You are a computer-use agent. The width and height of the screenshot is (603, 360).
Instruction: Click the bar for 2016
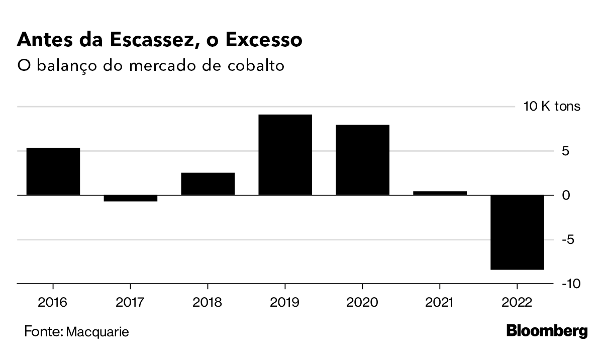53,171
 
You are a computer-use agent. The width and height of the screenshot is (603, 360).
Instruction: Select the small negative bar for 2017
131,198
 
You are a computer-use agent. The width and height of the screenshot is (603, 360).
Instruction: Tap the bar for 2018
208,184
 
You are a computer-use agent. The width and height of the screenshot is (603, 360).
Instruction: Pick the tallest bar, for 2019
285,154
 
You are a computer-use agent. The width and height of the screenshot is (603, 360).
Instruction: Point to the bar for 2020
362,159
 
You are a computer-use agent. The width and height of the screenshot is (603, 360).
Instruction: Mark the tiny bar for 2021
440,193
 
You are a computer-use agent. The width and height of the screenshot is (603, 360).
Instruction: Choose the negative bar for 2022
517,232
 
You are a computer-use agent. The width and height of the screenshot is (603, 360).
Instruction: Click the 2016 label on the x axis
53,303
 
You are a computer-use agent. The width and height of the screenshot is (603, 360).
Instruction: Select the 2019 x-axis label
285,303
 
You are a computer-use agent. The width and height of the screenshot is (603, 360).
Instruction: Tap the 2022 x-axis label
517,303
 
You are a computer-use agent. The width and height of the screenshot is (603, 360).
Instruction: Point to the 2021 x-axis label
440,303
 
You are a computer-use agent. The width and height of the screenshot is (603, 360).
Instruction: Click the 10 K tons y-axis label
552,107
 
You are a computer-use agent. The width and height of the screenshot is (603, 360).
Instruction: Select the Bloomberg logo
547,331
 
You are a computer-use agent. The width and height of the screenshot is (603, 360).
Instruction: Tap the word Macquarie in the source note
97,332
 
